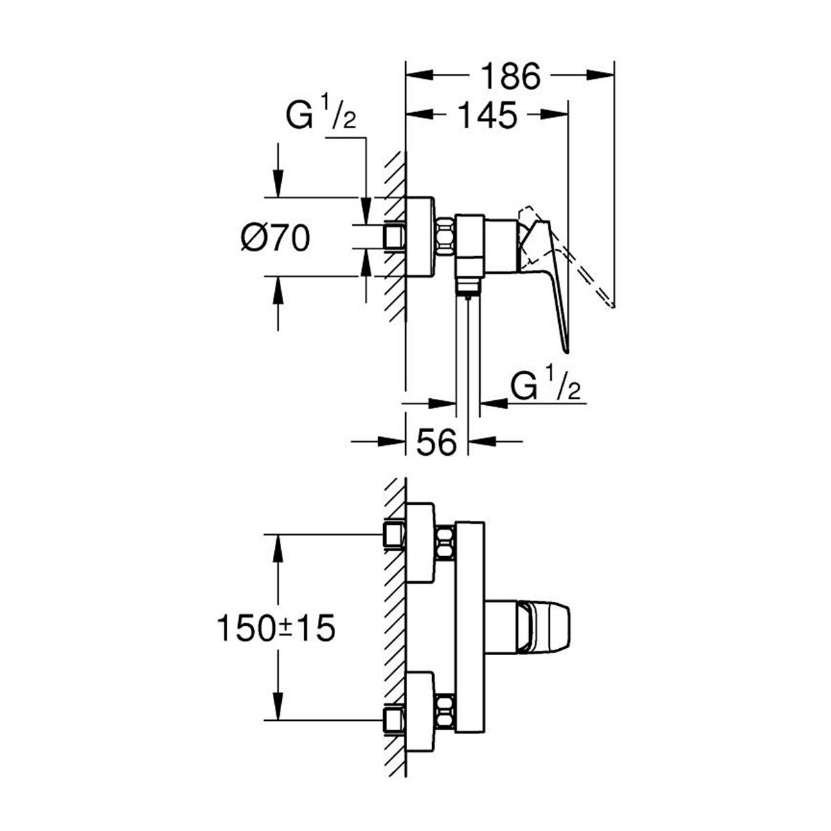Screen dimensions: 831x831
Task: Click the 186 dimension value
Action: tap(510, 77)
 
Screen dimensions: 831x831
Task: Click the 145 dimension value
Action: tap(487, 115)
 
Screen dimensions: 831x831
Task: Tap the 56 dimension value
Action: tap(436, 442)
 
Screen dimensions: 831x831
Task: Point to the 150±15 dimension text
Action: tap(276, 628)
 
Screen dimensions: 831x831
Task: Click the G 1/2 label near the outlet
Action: tap(546, 384)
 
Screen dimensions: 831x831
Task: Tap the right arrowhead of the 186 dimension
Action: tap(600, 75)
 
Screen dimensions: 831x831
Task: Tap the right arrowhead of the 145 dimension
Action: tap(554, 114)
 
